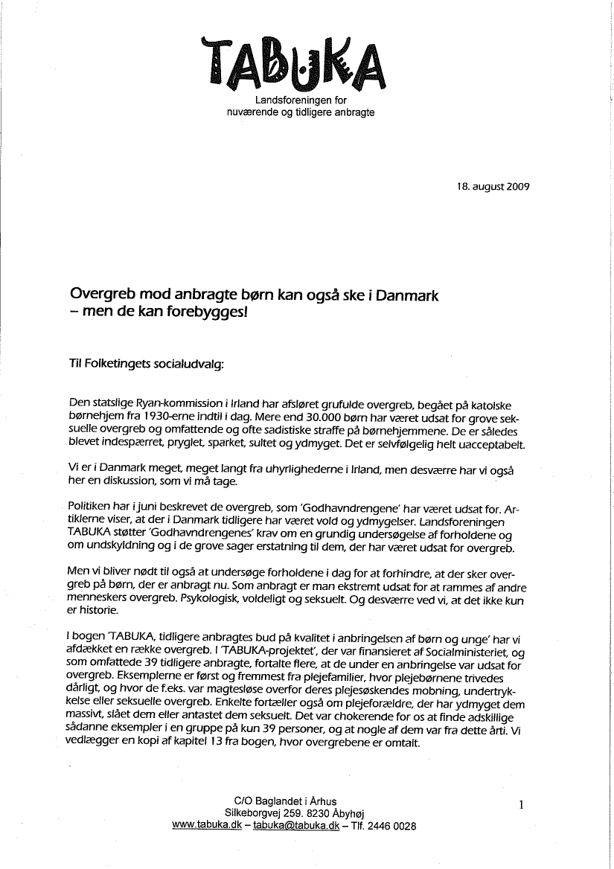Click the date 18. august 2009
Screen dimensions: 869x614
(493, 187)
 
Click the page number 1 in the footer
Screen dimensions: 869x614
(522, 804)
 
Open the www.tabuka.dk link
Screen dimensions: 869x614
(207, 826)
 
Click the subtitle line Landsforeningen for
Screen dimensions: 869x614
(301, 100)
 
